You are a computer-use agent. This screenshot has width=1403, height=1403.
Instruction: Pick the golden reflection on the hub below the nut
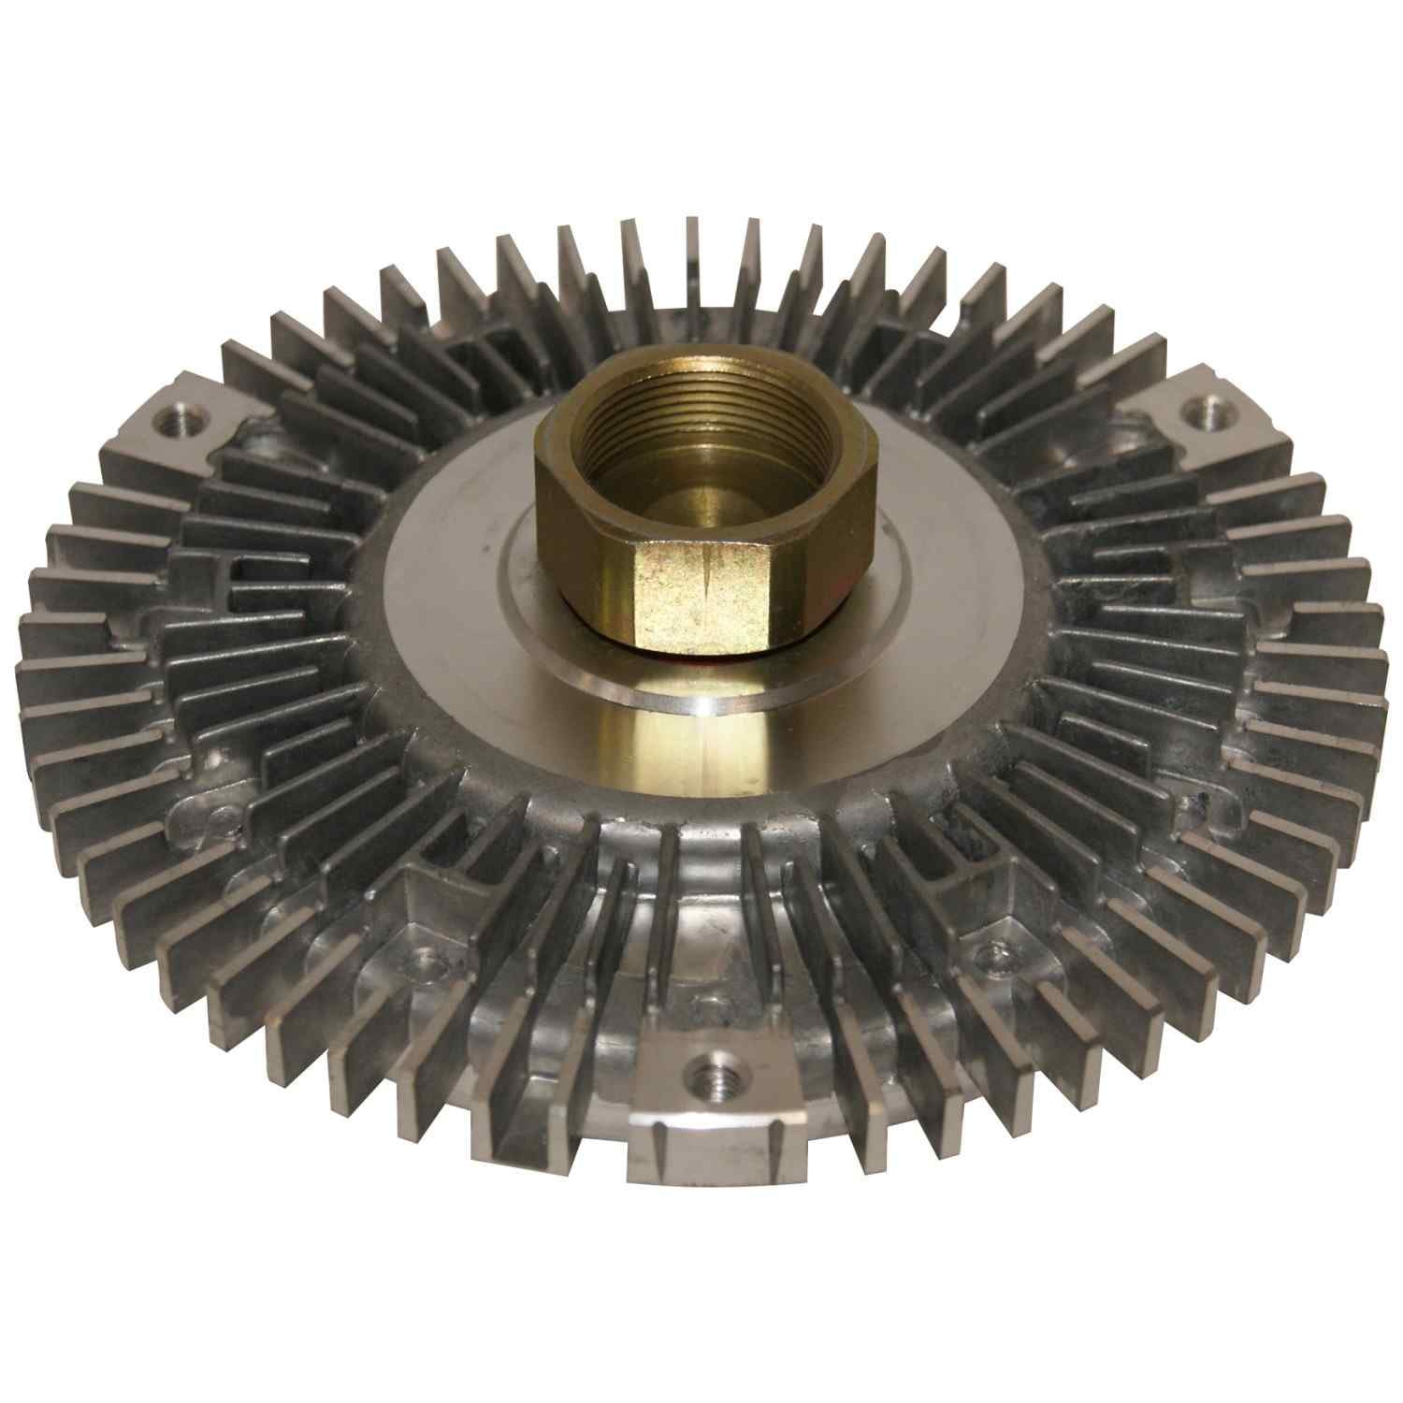click(697, 739)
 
